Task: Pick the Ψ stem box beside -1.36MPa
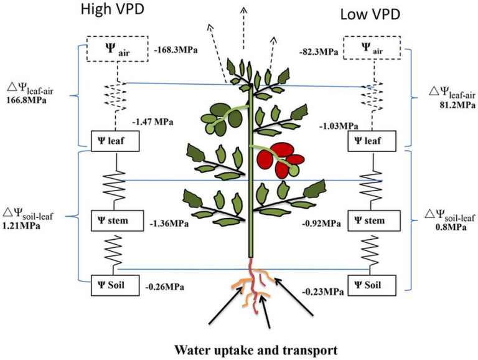pyautogui.click(x=115, y=220)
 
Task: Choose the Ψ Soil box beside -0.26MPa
pyautogui.click(x=115, y=285)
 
